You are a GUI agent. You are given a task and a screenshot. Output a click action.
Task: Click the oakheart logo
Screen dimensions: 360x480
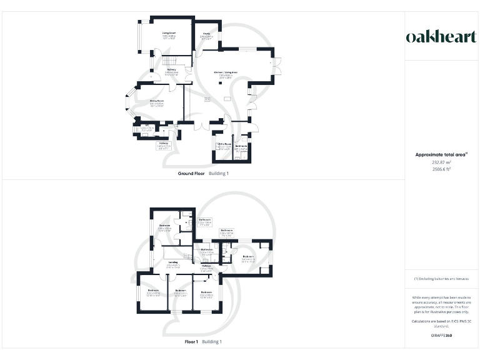pyautogui.click(x=441, y=37)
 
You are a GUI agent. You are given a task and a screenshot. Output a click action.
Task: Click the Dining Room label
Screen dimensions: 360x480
pyautogui.click(x=156, y=101)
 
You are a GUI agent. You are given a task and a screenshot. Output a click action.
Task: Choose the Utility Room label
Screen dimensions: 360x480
pyautogui.click(x=224, y=145)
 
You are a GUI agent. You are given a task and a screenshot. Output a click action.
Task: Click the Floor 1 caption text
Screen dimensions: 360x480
pyautogui.click(x=191, y=342)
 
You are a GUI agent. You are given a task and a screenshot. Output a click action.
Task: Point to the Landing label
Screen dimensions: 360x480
pyautogui.click(x=173, y=263)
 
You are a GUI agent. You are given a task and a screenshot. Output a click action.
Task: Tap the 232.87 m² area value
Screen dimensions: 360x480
pyautogui.click(x=441, y=162)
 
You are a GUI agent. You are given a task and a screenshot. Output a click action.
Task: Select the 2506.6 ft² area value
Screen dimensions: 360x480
pyautogui.click(x=441, y=169)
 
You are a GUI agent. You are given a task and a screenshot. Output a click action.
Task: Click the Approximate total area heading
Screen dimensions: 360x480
pyautogui.click(x=441, y=154)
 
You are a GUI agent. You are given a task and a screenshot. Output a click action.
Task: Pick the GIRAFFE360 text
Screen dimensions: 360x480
pyautogui.click(x=441, y=336)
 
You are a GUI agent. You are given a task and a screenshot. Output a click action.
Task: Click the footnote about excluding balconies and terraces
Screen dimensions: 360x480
pyautogui.click(x=441, y=278)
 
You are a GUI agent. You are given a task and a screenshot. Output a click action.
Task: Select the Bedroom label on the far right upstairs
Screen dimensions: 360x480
pyautogui.click(x=248, y=257)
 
